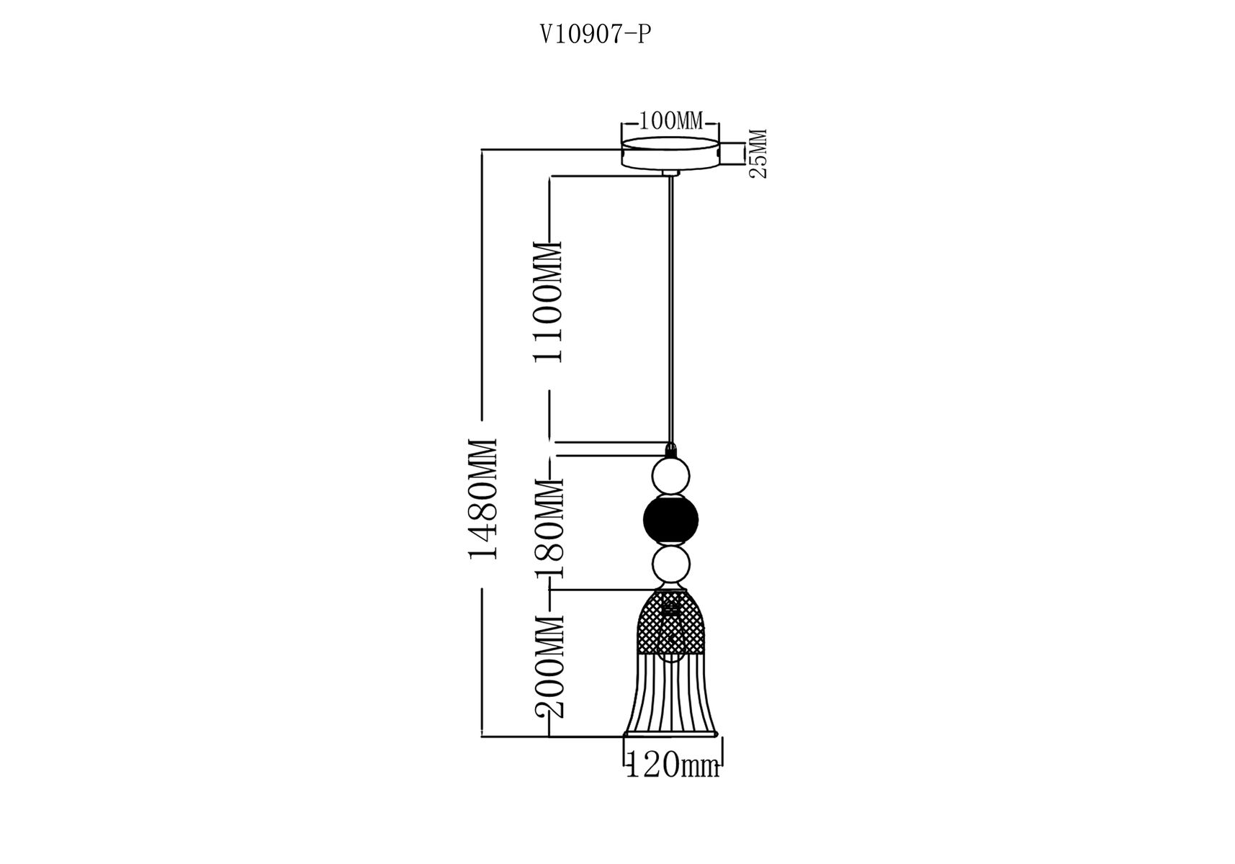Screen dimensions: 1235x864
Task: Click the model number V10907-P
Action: point(596,35)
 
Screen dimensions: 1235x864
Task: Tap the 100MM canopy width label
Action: point(670,121)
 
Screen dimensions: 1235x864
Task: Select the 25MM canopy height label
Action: point(759,153)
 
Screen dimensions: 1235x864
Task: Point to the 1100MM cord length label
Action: point(548,302)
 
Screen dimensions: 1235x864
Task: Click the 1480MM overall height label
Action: point(482,498)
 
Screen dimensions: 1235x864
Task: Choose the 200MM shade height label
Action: point(549,667)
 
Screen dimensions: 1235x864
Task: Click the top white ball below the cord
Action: point(670,476)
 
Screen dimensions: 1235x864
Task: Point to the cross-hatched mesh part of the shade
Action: point(670,621)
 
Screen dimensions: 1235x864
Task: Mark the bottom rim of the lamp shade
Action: point(671,734)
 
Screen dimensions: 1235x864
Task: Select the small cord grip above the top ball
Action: point(671,450)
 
